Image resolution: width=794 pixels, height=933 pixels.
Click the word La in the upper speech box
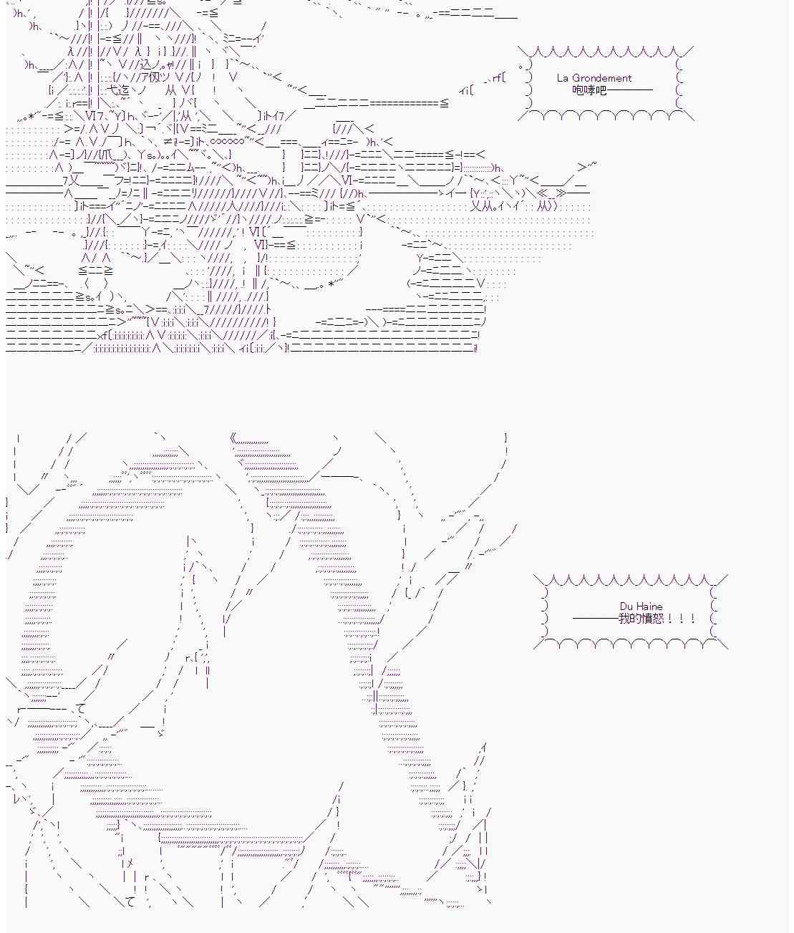[562, 78]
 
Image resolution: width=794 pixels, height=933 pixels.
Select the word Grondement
[602, 78]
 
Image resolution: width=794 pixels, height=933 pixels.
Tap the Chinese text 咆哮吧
[589, 90]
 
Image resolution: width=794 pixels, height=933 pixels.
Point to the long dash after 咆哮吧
[630, 90]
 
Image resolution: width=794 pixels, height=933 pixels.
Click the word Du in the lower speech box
[626, 606]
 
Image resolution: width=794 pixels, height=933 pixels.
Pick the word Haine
[649, 606]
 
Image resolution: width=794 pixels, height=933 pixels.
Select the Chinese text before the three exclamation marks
[641, 619]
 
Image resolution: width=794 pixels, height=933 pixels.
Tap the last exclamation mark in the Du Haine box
[693, 619]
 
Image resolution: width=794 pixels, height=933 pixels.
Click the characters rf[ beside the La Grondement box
[498, 78]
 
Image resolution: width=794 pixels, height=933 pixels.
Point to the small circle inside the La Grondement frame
[521, 67]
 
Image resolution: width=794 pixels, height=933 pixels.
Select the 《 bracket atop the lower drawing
[233, 438]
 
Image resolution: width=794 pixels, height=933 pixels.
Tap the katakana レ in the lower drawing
[16, 799]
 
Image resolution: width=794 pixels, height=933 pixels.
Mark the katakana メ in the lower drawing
[130, 863]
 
